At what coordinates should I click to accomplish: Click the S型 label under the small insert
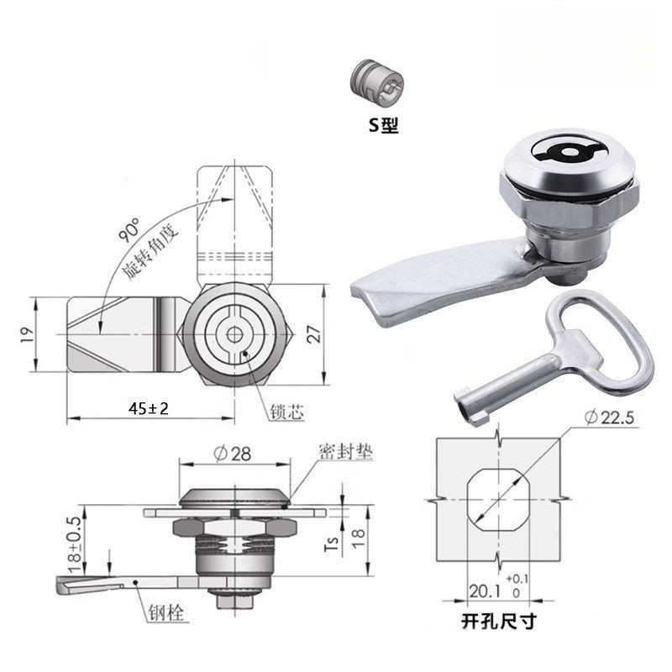click(384, 124)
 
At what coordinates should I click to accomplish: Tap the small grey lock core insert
click(376, 83)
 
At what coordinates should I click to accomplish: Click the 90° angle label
click(129, 229)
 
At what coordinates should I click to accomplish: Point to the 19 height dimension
click(27, 334)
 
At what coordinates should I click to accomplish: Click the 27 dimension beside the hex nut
click(314, 333)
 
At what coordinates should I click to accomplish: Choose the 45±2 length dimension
click(149, 408)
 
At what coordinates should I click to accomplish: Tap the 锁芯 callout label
click(286, 412)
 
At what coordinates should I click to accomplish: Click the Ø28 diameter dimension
click(232, 454)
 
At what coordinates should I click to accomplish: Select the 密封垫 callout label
click(346, 452)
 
